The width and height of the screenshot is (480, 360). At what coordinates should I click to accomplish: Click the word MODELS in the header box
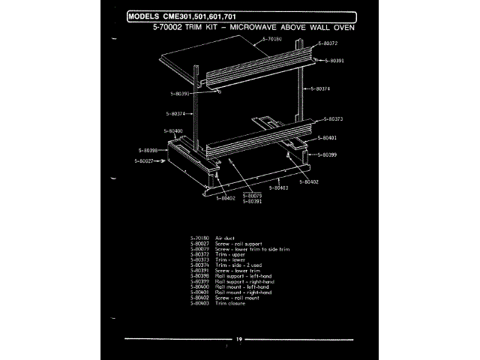click(144, 16)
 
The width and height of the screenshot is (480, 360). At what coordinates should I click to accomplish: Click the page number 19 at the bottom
click(238, 340)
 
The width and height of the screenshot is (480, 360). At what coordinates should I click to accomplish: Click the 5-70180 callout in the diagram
click(272, 38)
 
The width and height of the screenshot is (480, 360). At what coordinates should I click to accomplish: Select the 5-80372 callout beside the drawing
click(327, 43)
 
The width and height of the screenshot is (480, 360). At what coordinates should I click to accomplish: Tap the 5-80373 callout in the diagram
click(334, 118)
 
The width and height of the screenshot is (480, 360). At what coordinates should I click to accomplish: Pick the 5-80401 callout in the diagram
click(327, 138)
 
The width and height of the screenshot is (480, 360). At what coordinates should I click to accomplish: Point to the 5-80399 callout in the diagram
click(327, 154)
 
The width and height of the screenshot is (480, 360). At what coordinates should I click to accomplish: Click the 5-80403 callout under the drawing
click(278, 187)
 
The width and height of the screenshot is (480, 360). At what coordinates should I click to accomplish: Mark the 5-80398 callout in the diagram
click(148, 150)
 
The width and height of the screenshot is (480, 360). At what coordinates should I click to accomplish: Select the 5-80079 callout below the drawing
click(252, 196)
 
